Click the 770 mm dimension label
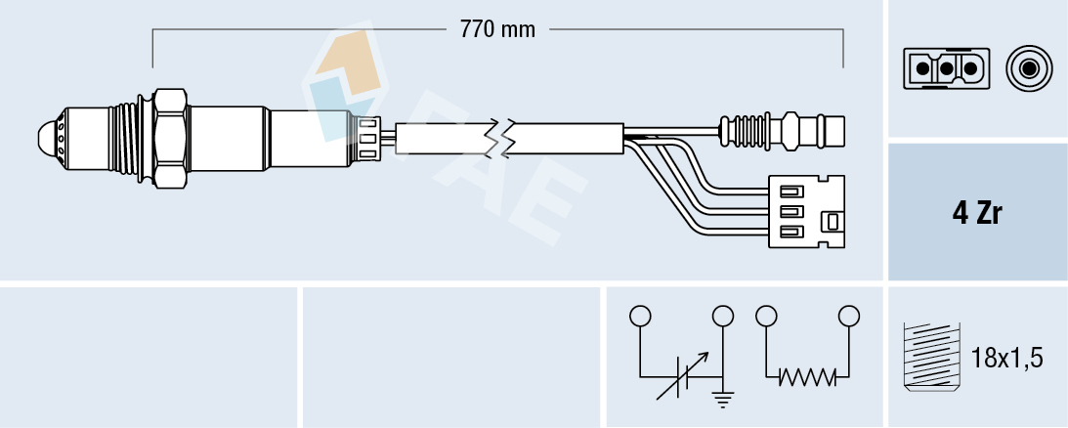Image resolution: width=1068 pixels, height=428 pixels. coord(497,29)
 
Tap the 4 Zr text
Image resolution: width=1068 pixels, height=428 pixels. coord(977,213)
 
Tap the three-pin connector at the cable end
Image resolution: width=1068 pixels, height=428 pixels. coord(805,207)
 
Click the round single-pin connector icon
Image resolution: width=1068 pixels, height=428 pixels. coord(1028,68)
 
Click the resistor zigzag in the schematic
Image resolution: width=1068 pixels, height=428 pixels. coord(807,376)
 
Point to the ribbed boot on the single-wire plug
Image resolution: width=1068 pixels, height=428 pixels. coord(748,130)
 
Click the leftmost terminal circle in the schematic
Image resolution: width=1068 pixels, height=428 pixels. coord(640,317)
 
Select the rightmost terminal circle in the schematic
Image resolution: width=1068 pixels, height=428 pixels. coord(849,316)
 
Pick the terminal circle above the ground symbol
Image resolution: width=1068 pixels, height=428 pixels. coord(723,317)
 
